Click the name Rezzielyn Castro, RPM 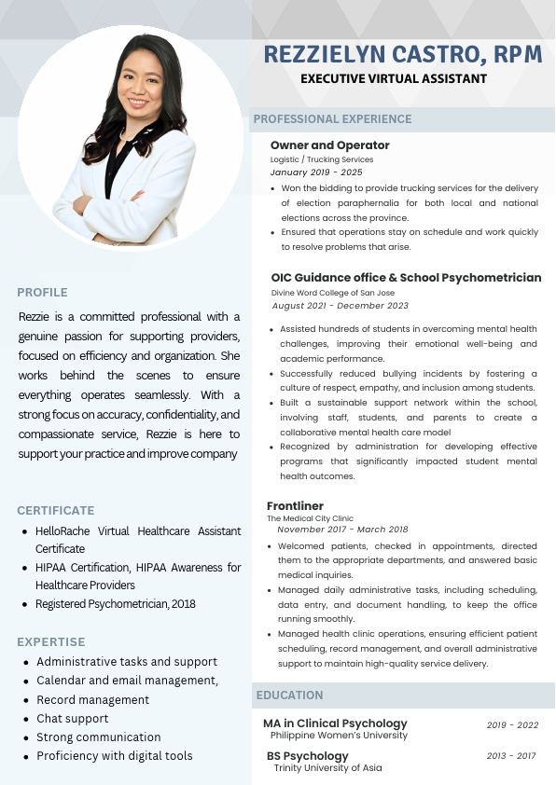[x=403, y=54]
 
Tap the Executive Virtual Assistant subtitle [x=394, y=79]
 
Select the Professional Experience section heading [x=332, y=119]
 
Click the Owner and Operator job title [x=330, y=145]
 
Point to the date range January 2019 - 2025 [x=316, y=172]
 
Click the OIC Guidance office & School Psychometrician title [x=406, y=278]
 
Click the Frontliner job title [x=296, y=505]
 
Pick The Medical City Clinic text [x=310, y=518]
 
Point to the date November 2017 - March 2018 [x=342, y=530]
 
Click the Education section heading [x=290, y=695]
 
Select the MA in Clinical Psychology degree [x=335, y=723]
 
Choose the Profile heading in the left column [x=42, y=293]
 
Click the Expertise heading [x=51, y=642]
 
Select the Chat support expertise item [x=73, y=719]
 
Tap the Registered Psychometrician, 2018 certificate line [x=116, y=604]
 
